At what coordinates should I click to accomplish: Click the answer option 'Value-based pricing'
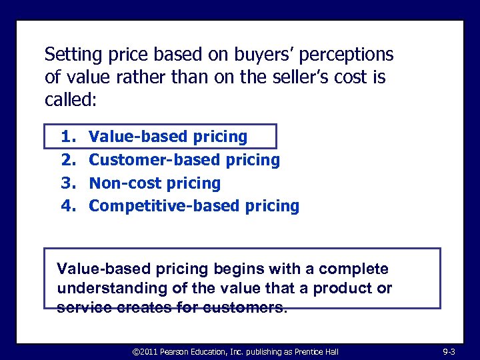point(168,137)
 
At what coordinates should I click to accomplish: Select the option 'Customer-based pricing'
point(184,160)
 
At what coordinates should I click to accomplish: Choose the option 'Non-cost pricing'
point(155,183)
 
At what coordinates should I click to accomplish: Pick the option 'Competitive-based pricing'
point(194,206)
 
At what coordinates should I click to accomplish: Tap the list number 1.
point(69,137)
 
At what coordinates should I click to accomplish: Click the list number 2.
point(69,160)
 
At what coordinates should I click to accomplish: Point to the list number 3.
point(69,183)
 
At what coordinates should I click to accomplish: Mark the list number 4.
point(69,206)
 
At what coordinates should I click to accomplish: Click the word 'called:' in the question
point(71,100)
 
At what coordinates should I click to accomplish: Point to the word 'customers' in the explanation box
point(252,307)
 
